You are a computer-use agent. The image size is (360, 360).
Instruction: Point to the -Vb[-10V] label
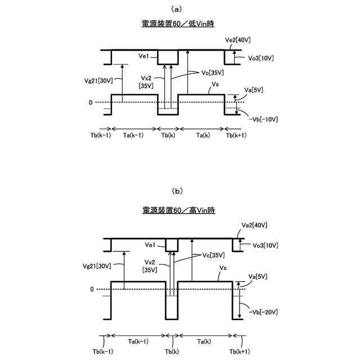click(x=262, y=119)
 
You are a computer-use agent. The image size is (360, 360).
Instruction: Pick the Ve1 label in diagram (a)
click(x=143, y=56)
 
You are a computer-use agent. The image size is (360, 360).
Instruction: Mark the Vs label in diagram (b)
click(x=222, y=270)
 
